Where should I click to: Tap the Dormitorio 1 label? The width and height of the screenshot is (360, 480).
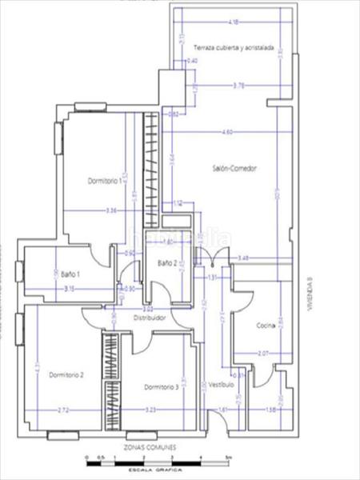click(x=104, y=181)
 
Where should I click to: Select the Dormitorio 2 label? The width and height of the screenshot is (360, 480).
click(x=66, y=374)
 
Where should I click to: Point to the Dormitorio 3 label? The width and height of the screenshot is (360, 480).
click(x=162, y=387)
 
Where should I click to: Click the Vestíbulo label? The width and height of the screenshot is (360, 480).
click(x=222, y=384)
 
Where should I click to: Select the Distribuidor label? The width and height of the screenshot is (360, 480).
click(x=149, y=318)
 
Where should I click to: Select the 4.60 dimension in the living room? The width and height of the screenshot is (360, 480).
click(x=227, y=132)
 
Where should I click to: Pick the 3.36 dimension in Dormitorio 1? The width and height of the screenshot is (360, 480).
click(x=111, y=210)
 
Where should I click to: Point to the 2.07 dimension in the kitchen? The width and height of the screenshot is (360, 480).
click(x=263, y=352)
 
